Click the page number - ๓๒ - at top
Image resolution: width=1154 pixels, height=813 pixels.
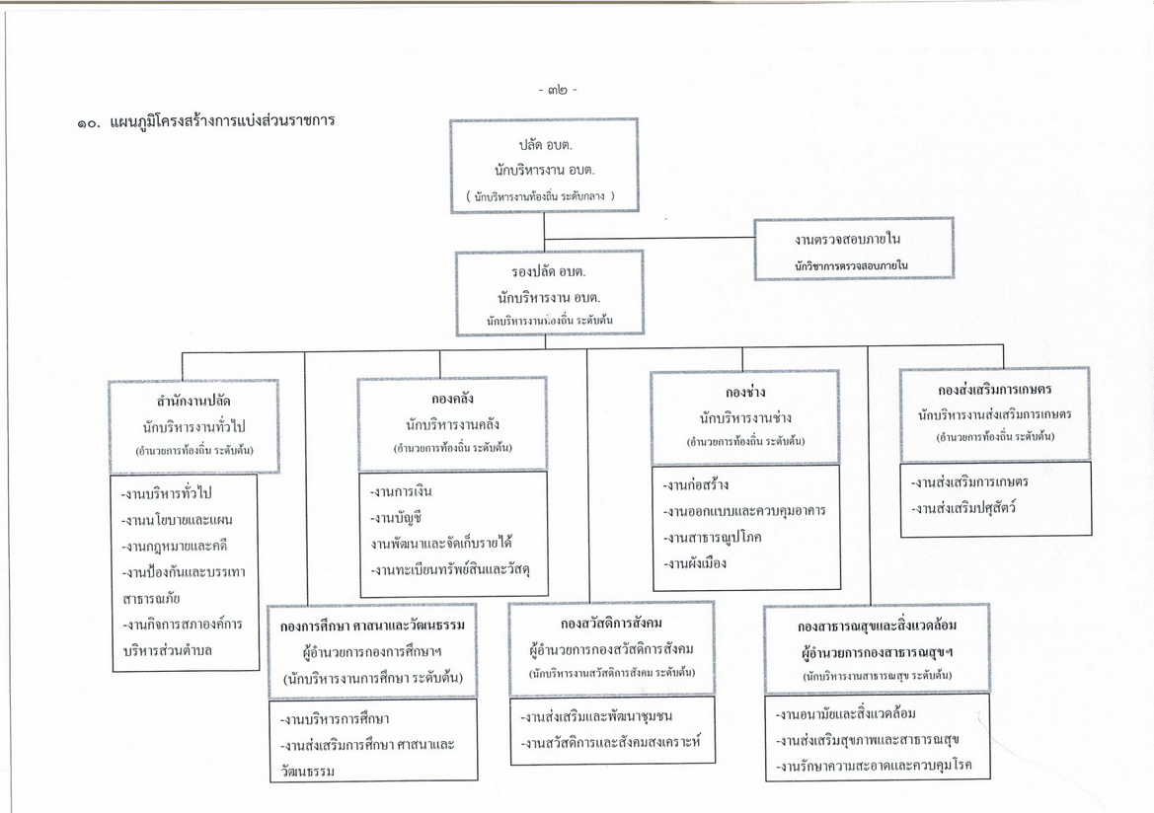558,90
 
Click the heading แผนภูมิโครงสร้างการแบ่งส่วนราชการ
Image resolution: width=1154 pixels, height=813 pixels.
222,120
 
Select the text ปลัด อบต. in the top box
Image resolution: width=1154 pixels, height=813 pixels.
545,144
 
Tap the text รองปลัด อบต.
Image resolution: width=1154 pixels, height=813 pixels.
548,271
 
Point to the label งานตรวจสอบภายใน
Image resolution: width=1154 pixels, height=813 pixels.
847,239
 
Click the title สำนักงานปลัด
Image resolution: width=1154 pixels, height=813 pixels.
193,401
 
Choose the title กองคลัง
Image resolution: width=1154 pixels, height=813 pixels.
452,399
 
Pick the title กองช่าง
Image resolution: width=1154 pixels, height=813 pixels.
744,392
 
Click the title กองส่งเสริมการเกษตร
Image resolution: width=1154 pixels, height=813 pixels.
995,389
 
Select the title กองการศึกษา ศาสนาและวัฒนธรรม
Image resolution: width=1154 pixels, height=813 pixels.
372,626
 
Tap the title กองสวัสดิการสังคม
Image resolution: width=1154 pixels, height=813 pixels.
611,624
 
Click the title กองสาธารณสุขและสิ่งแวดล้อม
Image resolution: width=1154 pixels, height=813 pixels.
878,626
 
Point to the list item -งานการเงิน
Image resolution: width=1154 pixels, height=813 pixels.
401,491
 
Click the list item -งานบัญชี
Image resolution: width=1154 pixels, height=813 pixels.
396,517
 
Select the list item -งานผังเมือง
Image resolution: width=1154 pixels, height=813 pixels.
695,563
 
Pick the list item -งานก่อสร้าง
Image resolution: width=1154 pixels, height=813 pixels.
696,485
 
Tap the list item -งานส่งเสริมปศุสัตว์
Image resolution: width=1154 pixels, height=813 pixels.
963,508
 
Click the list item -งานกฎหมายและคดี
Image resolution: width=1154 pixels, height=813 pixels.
175,546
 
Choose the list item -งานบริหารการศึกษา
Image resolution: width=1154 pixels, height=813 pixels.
335,719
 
